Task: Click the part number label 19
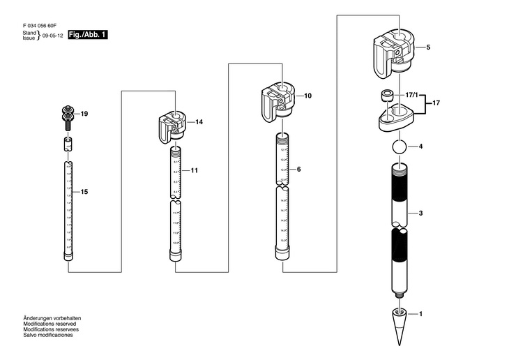[x=85, y=114]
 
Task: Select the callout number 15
[x=84, y=191]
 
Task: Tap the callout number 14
[x=199, y=122]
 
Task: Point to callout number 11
[x=195, y=170]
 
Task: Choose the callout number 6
[x=298, y=169]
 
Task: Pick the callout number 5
[x=427, y=47]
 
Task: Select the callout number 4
[x=421, y=147]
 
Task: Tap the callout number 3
[x=421, y=213]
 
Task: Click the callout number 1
[x=420, y=315]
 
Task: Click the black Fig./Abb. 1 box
[x=88, y=34]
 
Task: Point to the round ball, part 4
[x=398, y=148]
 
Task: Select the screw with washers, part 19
[x=68, y=117]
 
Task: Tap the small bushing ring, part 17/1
[x=386, y=95]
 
